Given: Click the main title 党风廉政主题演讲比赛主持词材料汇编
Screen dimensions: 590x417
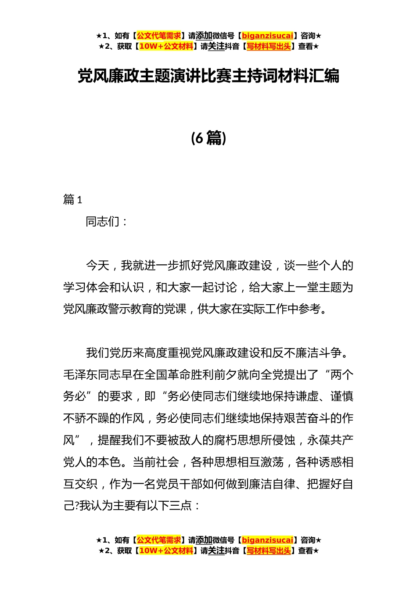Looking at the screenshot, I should pyautogui.click(x=208, y=76).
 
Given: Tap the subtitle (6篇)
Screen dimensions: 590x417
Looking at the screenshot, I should pyautogui.click(x=208, y=138).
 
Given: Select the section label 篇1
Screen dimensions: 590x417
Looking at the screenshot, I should pyautogui.click(x=73, y=200).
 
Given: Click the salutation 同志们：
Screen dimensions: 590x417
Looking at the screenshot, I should pyautogui.click(x=107, y=222).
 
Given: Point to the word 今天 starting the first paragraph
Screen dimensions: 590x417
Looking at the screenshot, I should pyautogui.click(x=97, y=266).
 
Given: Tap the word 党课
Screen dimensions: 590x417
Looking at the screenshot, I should pyautogui.click(x=175, y=309).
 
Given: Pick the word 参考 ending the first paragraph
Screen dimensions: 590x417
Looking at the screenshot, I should pyautogui.click(x=310, y=309).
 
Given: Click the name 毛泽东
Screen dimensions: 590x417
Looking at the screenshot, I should pyautogui.click(x=80, y=375).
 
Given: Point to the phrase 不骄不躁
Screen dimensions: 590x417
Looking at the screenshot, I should pyautogui.click(x=86, y=418).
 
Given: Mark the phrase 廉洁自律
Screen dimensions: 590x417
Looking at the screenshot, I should pyautogui.click(x=272, y=484).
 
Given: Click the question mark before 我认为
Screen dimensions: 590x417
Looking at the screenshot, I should pyautogui.click(x=76, y=506).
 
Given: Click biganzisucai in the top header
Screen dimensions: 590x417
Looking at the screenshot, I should pyautogui.click(x=267, y=36).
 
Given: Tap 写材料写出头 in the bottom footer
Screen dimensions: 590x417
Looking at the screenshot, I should pyautogui.click(x=269, y=550).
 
